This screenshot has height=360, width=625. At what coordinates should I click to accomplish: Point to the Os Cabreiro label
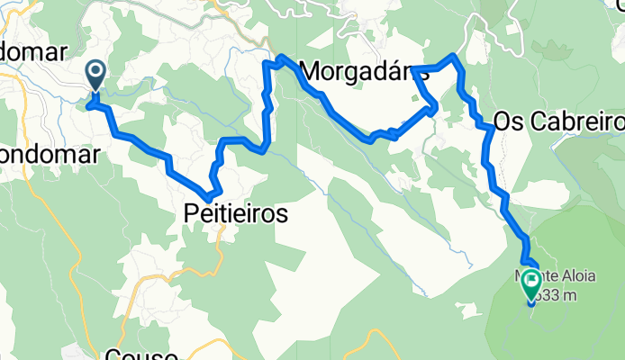559,121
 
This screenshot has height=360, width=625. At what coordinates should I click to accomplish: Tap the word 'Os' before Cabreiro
509,121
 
